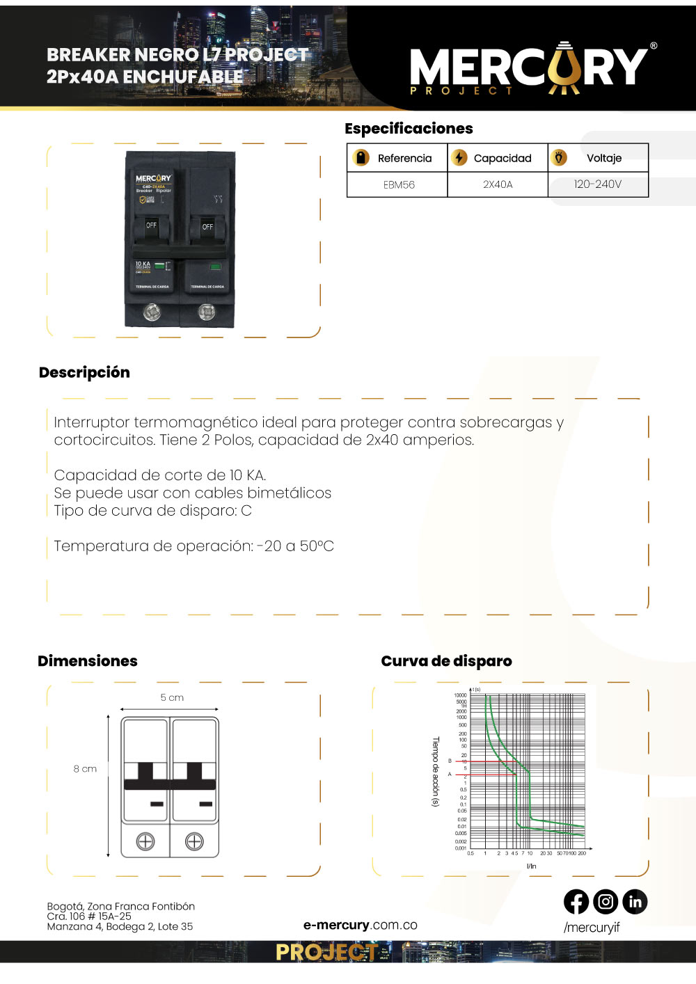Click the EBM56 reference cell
399,184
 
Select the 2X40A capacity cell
498,184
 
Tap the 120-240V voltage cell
597,184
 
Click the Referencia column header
404,158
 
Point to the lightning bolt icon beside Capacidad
459,158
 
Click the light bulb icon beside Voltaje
559,158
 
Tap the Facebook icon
576,902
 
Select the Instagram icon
606,902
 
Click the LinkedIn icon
635,902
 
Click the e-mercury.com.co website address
360,925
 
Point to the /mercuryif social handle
591,927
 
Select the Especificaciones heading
409,129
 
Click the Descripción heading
84,372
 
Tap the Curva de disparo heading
446,661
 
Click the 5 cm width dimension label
172,697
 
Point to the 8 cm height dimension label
85,769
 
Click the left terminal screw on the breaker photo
152,312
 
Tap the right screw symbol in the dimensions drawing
194,841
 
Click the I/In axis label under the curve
531,866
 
